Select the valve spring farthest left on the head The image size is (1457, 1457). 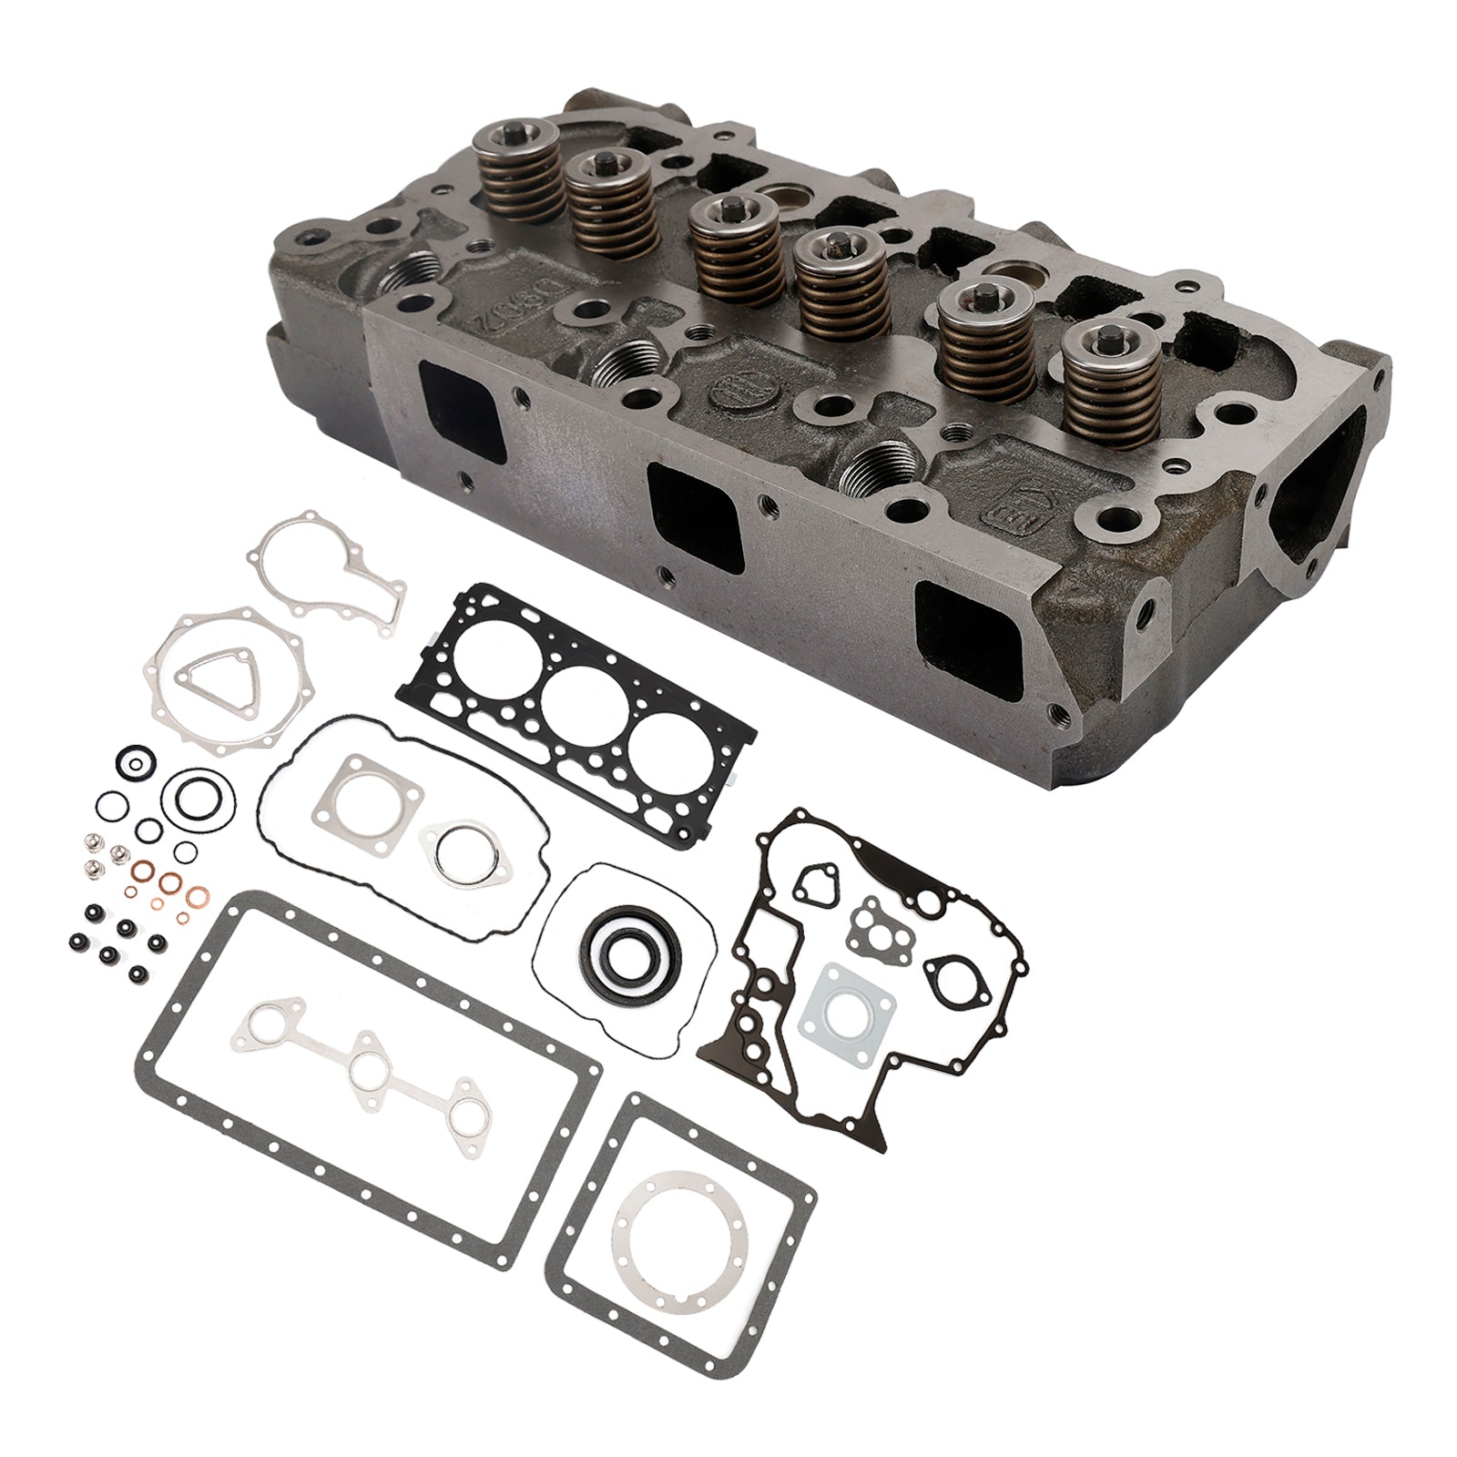point(504,178)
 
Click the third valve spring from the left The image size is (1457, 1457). point(728,241)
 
